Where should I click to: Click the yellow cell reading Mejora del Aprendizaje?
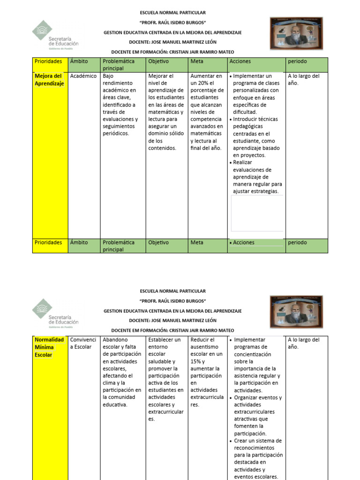49,80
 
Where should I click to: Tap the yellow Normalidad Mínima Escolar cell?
49,347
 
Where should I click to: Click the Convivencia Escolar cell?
83,343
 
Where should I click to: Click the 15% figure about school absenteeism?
196,361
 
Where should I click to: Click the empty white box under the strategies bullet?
257,213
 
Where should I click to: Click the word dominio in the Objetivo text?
159,134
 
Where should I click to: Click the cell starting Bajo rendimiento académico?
120,105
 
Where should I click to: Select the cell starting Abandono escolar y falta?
121,372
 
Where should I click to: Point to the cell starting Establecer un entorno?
165,379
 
